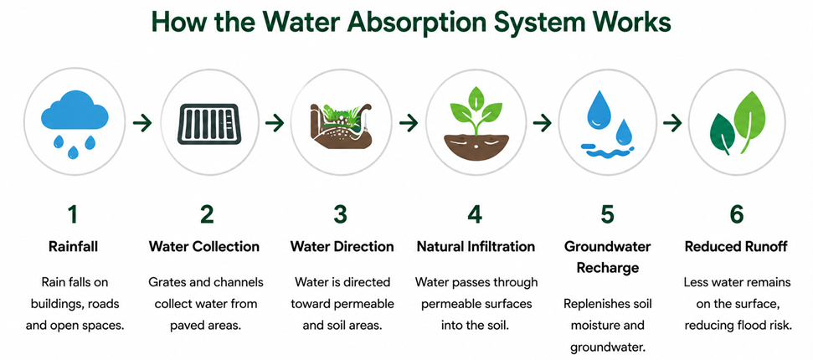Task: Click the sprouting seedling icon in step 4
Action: [x=476, y=124]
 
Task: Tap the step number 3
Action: [x=340, y=215]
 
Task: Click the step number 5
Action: [x=607, y=215]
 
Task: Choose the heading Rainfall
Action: [x=73, y=247]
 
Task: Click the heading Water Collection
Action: [x=204, y=247]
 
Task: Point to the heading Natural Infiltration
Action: [x=476, y=247]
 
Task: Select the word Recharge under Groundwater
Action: [x=607, y=268]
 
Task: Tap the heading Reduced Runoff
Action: [x=736, y=247]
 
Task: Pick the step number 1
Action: [x=73, y=215]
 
